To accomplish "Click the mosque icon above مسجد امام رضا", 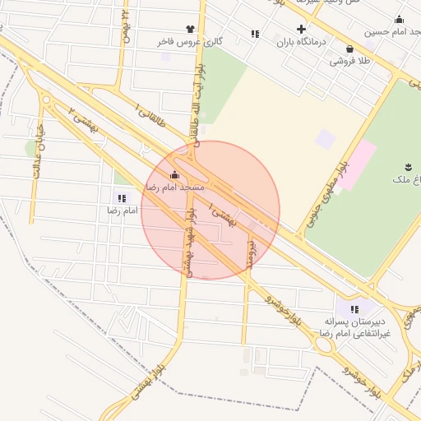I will (174, 174).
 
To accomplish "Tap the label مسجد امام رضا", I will (174, 187).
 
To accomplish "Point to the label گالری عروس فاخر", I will (192, 41).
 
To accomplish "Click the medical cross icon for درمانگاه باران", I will (301, 29).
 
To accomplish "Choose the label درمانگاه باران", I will (301, 41).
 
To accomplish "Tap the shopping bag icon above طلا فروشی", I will (351, 49).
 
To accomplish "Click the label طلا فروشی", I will (349, 61).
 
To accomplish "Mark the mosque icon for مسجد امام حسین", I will (400, 19).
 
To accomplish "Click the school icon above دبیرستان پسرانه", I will (354, 309).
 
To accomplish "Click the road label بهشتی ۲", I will (83, 118).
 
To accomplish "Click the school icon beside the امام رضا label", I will (122, 198).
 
